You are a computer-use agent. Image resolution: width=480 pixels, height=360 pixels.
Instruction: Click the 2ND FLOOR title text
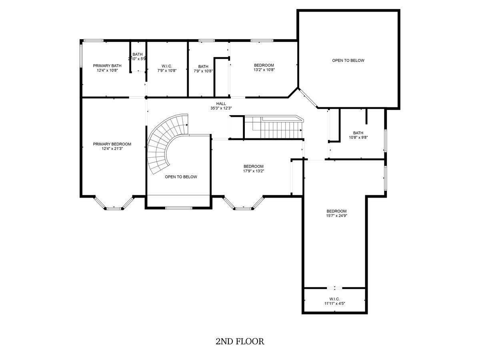tap(240, 342)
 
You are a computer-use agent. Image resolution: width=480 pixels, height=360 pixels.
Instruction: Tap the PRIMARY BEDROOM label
tap(112, 144)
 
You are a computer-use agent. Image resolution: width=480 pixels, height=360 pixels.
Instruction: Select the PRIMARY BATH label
tap(107, 66)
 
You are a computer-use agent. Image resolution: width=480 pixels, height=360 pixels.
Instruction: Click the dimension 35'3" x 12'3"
tap(221, 108)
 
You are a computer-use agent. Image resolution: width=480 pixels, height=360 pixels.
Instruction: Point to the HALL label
tap(221, 104)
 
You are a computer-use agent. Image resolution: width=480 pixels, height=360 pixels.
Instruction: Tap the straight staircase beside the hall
tap(273, 128)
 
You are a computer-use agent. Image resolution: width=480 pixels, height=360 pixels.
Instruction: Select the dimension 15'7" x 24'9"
tap(336, 216)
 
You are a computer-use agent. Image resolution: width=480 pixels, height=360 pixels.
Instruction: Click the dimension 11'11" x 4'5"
tap(334, 303)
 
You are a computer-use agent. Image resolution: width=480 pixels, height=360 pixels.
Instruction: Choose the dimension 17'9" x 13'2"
tap(254, 171)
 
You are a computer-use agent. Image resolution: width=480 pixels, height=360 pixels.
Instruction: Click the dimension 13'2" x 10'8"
tap(264, 70)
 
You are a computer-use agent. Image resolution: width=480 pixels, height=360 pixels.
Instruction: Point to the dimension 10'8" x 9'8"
tap(358, 138)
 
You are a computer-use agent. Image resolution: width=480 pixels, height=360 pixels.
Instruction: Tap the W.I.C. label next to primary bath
tap(167, 66)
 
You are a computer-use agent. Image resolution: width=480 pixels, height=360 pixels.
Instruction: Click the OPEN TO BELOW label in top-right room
tap(348, 60)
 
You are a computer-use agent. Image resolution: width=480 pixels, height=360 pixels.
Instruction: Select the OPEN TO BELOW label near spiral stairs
tap(181, 177)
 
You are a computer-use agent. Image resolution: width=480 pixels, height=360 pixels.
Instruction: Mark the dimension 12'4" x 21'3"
tap(112, 149)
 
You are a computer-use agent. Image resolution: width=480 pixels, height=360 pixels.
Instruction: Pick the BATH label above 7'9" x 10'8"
tap(203, 66)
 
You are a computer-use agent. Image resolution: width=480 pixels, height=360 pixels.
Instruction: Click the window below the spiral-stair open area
tap(179, 208)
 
